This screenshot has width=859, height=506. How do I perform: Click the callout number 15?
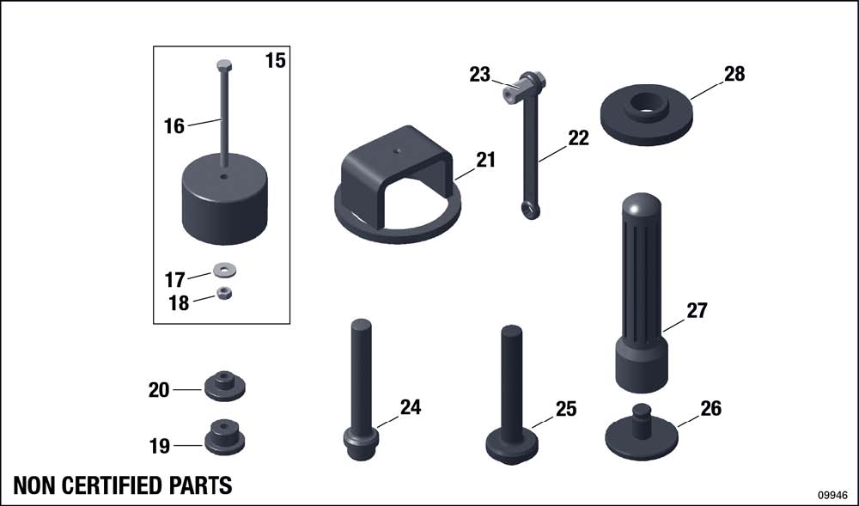click(x=276, y=60)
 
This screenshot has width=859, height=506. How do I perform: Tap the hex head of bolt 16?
click(x=224, y=65)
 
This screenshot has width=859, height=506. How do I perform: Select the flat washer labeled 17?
click(x=224, y=270)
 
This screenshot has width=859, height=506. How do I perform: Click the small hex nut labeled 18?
click(x=224, y=293)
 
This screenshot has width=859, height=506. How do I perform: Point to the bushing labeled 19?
click(x=224, y=437)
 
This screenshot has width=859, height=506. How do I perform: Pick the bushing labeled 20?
click(x=224, y=386)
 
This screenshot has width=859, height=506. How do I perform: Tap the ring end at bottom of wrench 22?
click(x=531, y=210)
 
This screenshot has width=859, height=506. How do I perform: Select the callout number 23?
click(x=480, y=75)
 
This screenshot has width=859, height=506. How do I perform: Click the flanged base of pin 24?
click(x=361, y=442)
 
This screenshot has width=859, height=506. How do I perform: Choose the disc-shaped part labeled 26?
click(x=642, y=434)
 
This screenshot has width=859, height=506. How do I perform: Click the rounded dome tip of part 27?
click(x=642, y=204)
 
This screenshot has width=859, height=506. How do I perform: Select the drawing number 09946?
click(x=832, y=495)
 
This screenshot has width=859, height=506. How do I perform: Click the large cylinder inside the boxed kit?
click(x=224, y=198)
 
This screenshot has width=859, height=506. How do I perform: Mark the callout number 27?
click(x=698, y=310)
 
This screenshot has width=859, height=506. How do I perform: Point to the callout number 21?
click(x=485, y=160)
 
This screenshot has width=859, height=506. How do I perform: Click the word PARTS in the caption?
click(x=200, y=485)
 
